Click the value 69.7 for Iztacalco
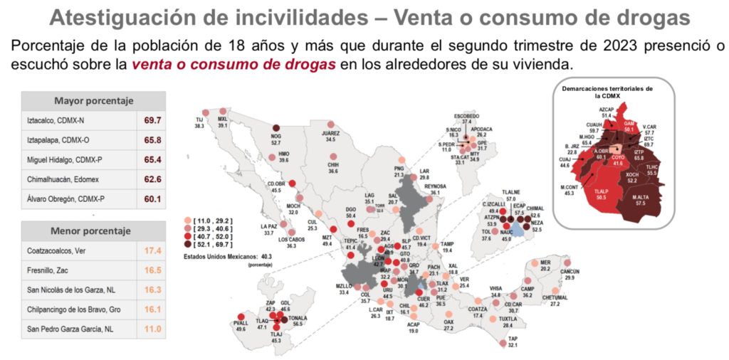pyautogui.click(x=152, y=121)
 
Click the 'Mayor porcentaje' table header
pyautogui.click(x=93, y=101)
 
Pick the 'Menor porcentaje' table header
pyautogui.click(x=93, y=231)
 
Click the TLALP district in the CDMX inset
pyautogui.click(x=602, y=194)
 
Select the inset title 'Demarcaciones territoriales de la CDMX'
pyautogui.click(x=607, y=91)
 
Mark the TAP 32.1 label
pyautogui.click(x=513, y=342)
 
